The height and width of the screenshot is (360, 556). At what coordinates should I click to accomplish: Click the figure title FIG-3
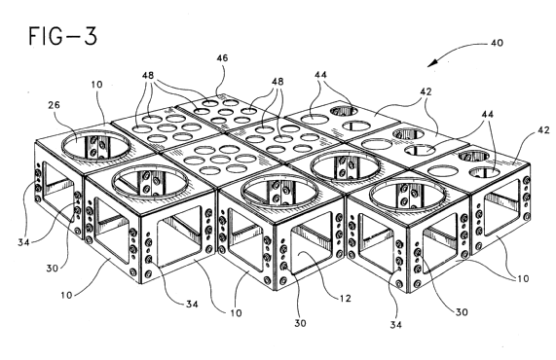pyautogui.click(x=62, y=36)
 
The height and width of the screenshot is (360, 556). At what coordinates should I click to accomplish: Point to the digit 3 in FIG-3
pyautogui.click(x=90, y=36)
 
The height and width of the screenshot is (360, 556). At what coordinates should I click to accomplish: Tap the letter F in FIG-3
pyautogui.click(x=33, y=36)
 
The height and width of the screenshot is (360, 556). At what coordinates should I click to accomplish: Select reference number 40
pyautogui.click(x=497, y=43)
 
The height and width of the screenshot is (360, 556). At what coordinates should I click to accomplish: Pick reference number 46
pyautogui.click(x=222, y=57)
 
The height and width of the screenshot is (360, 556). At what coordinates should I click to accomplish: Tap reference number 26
pyautogui.click(x=54, y=105)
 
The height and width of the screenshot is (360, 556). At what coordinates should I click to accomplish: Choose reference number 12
pyautogui.click(x=345, y=299)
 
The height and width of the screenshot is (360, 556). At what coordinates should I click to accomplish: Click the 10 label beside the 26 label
pyautogui.click(x=96, y=85)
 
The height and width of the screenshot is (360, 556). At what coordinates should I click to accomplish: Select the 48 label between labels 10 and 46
pyautogui.click(x=148, y=75)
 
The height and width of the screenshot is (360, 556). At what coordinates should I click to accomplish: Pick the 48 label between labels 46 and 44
pyautogui.click(x=278, y=82)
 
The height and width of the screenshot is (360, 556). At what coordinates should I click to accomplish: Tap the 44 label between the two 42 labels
pyautogui.click(x=487, y=114)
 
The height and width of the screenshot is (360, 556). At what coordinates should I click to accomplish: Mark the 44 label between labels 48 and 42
pyautogui.click(x=320, y=75)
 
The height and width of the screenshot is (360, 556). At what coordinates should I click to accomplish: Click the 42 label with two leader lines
pyautogui.click(x=426, y=91)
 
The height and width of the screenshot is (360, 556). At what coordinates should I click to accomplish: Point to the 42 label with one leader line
pyautogui.click(x=543, y=130)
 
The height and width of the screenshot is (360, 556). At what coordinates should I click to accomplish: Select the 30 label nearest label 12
pyautogui.click(x=300, y=323)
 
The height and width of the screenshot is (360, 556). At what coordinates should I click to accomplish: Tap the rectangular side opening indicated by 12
pyautogui.click(x=312, y=249)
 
